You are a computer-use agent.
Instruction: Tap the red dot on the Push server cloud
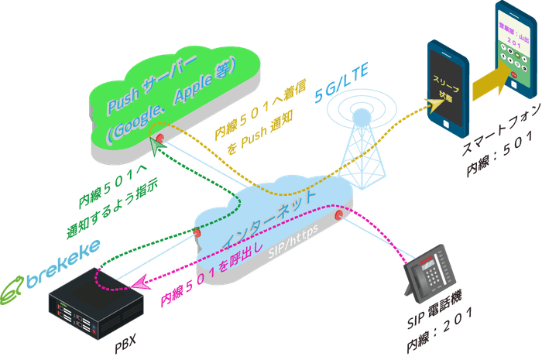pyautogui.click(x=160, y=138)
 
